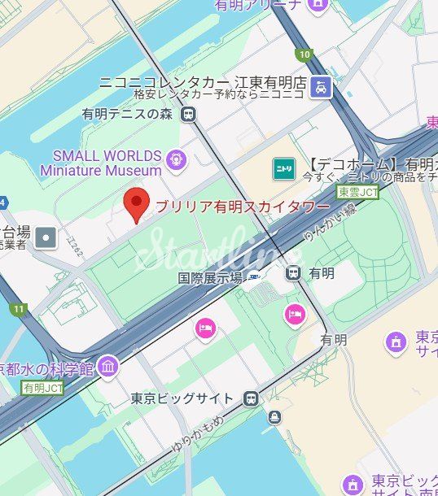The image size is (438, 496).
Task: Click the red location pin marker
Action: click(x=136, y=202)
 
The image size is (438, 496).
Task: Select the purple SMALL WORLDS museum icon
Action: click(x=175, y=159)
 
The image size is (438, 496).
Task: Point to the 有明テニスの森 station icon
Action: click(x=188, y=115)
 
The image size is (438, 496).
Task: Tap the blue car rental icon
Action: click(x=323, y=87)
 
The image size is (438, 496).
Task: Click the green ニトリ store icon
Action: click(x=283, y=168)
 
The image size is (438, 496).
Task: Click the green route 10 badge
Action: click(x=304, y=55)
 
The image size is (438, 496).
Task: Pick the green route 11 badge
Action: click(x=18, y=309)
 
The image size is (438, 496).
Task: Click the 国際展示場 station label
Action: click(x=211, y=277)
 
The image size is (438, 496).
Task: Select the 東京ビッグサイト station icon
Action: click(x=251, y=398)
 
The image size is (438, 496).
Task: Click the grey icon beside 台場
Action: click(x=46, y=237)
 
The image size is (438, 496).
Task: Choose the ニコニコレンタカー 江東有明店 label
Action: click(x=202, y=82)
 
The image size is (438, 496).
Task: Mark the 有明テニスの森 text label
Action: click(x=128, y=115)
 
